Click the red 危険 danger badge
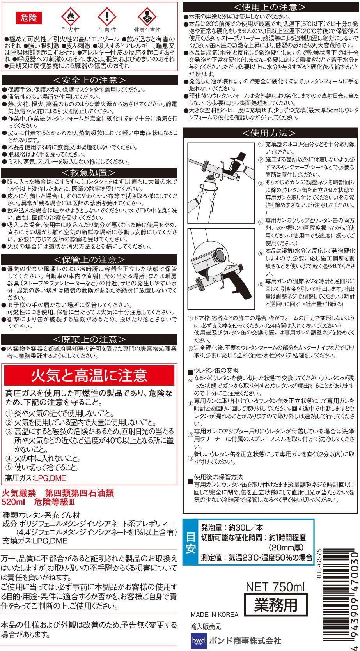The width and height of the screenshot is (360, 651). click(29, 18)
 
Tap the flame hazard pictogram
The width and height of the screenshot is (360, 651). click(70, 16)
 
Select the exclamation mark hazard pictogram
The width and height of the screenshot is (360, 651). click(107, 16)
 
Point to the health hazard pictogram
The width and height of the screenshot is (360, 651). click(147, 16)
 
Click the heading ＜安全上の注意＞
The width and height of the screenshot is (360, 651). click(90, 80)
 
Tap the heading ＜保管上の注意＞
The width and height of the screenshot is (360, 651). click(89, 259)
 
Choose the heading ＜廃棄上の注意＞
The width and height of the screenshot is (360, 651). click(89, 339)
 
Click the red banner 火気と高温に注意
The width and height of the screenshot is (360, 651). click(89, 375)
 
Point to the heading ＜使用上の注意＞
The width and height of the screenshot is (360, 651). click(270, 7)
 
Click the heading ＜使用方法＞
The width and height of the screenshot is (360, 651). click(270, 133)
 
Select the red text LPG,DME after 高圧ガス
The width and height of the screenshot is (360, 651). click(50, 478)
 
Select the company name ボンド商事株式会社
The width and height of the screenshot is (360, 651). click(245, 640)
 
